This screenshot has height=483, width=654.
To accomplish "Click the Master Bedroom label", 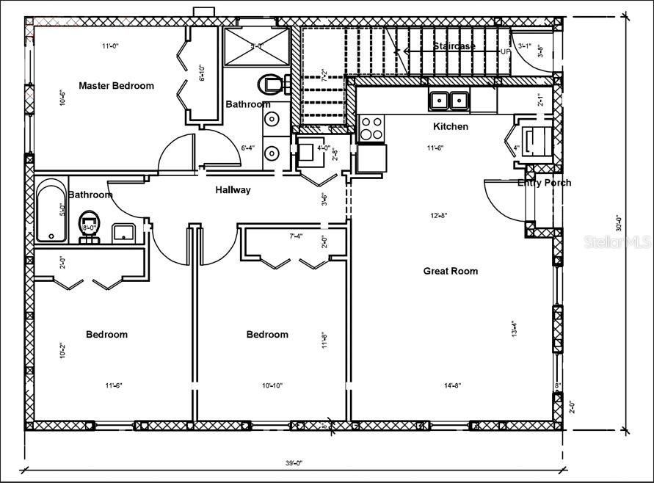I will [116, 86].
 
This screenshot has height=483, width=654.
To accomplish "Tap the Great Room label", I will [450, 271].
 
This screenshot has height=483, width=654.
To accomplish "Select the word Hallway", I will [233, 190].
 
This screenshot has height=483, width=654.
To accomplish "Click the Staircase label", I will [454, 46].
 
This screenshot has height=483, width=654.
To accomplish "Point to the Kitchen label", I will [450, 127].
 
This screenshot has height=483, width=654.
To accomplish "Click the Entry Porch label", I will [544, 183].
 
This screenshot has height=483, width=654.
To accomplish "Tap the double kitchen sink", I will [449, 99].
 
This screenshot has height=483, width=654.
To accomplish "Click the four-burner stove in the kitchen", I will [371, 128].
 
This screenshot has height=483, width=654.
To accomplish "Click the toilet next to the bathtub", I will [90, 221].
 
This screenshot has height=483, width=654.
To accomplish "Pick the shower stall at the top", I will [257, 46].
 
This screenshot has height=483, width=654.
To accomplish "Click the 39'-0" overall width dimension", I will [294, 462].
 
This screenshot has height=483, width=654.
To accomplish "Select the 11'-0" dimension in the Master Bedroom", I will [110, 46].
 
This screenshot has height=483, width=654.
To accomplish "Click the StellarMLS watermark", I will [617, 241].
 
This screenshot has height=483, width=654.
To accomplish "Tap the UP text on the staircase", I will [505, 52].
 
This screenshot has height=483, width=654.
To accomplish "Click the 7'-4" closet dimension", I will [296, 236].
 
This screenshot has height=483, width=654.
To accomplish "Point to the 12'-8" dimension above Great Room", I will [439, 216].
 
